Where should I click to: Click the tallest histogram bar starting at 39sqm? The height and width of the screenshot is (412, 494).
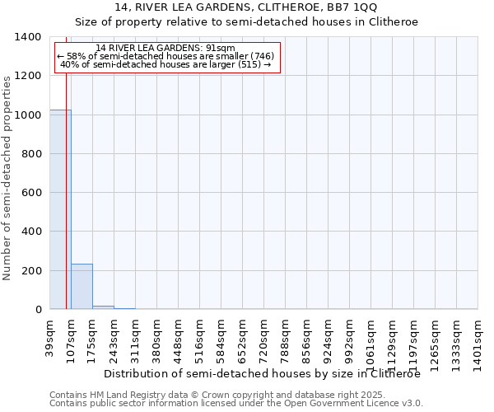point(60,209)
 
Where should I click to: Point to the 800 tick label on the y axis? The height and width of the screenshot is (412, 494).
point(30,154)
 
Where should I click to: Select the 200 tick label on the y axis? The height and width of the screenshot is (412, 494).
point(30,271)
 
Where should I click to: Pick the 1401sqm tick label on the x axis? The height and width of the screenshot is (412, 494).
point(478,336)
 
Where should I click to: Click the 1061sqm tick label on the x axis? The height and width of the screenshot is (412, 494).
point(371,336)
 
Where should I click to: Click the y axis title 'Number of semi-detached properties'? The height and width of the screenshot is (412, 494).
point(7,178)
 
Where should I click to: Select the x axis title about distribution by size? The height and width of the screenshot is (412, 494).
point(262,373)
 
